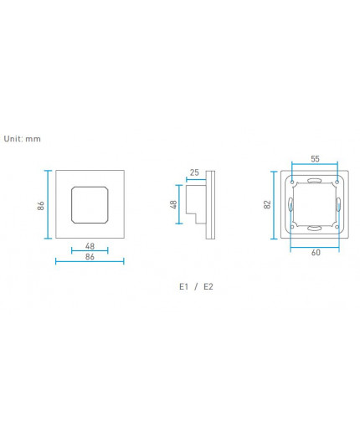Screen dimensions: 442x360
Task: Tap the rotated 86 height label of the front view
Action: pos(40,205)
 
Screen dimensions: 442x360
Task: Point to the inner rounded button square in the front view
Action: pos(89,205)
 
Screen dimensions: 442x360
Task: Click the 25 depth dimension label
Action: pos(194,173)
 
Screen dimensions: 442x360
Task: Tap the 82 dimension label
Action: pos(266,205)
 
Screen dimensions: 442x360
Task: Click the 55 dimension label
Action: pos(315,158)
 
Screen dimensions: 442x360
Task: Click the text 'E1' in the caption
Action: pos(184,286)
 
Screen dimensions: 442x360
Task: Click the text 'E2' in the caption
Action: pos(208,286)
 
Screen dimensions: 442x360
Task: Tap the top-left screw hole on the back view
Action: pos(292,182)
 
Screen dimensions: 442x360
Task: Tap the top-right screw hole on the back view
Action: pos(337,182)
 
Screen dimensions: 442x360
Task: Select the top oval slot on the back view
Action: pos(314,180)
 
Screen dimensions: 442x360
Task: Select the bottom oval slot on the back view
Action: pos(314,229)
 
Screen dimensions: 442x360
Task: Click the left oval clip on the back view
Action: pos(290,205)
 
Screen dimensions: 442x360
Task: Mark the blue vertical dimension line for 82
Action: pos(274,205)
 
